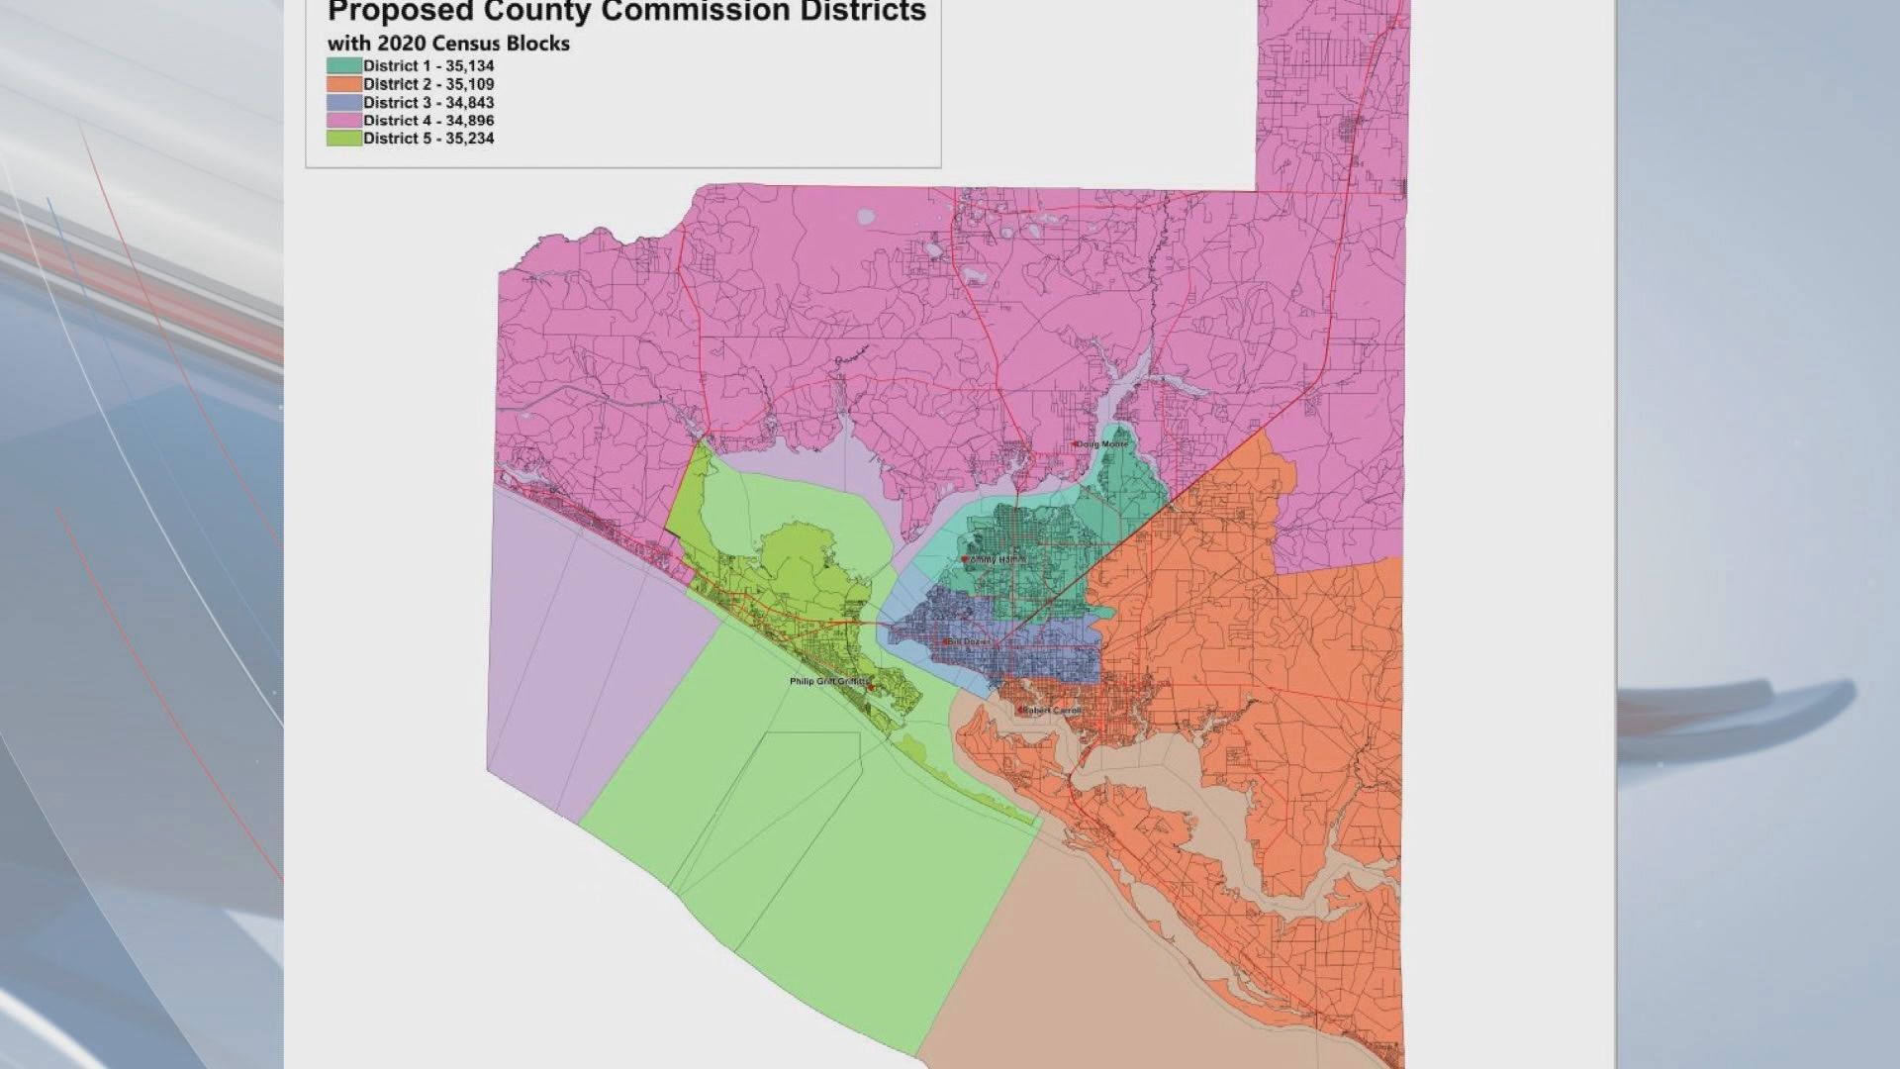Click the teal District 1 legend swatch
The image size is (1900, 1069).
coord(344,66)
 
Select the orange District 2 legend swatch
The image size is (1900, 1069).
coord(344,84)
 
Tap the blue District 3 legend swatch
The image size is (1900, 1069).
coord(344,102)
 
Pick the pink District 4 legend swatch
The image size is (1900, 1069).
coord(344,121)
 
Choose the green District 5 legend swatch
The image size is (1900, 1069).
coord(344,139)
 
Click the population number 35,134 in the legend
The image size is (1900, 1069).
coord(469,66)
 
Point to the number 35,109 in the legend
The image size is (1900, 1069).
coord(469,84)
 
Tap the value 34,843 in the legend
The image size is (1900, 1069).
coord(469,102)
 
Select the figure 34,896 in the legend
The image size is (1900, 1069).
coord(469,121)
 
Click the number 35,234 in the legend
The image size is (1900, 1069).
coord(469,139)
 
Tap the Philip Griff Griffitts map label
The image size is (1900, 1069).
coord(829,682)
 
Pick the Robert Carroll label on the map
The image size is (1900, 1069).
coord(1053,711)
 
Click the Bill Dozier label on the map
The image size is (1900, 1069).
coord(970,642)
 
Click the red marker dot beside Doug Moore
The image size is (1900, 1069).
coord(1076,444)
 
